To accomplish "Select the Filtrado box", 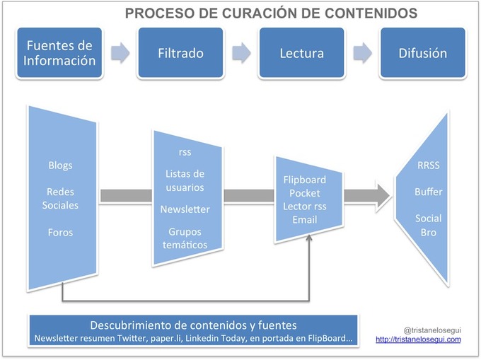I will pos(180,53).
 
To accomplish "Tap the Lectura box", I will pos(301,53).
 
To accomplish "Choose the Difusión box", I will pos(423,53).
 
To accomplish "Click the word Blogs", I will pos(60,166).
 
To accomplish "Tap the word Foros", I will pos(60,232).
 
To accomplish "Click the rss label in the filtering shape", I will pos(185,152).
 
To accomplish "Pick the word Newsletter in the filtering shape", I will pos(185,209).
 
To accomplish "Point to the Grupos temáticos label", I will pos(185,238).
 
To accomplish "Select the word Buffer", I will pos(429,192).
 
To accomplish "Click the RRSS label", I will pos(429,166).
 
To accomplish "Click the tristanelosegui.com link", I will pos(418,339).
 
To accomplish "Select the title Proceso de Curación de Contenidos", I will pos(271,13).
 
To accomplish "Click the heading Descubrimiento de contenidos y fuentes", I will pos(193,325).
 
